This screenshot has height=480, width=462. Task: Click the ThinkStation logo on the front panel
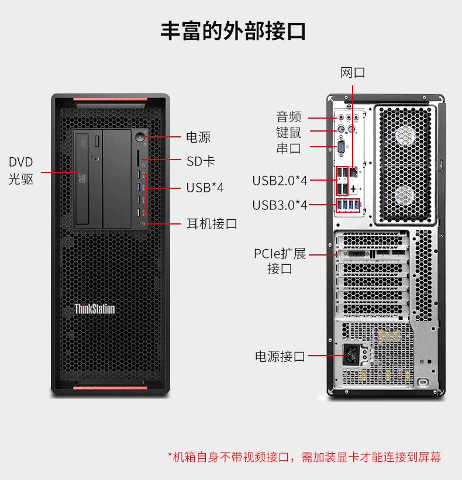point(95,309)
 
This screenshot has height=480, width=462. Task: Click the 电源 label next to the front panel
point(198,137)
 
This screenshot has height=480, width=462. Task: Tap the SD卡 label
point(201,161)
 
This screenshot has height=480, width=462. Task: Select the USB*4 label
point(205,188)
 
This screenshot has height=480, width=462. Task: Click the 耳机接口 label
point(212,224)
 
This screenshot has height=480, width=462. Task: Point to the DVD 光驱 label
point(21,171)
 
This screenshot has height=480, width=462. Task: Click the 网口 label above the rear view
point(353,73)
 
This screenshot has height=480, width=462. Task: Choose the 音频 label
point(289,116)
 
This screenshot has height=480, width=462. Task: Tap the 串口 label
point(289,149)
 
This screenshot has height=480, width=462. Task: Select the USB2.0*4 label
point(280,181)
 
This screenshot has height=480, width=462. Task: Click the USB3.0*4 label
point(280,205)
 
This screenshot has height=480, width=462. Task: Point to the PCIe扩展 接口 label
point(280,261)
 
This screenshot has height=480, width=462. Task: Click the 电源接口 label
point(280,356)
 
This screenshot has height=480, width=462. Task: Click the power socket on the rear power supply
point(351,354)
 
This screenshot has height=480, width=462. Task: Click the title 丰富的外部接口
point(233,31)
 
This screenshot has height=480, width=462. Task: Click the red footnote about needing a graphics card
point(304,457)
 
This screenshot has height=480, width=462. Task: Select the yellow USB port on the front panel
point(139,212)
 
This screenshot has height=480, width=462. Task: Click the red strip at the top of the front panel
point(110,99)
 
